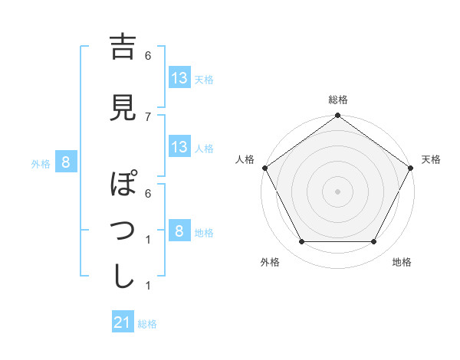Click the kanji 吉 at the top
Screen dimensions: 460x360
[123, 47]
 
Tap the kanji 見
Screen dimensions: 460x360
[123, 108]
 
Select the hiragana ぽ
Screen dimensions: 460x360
[123, 185]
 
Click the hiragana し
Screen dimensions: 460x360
[123, 277]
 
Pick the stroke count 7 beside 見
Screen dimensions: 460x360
[148, 116]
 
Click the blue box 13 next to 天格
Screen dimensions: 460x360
[179, 77]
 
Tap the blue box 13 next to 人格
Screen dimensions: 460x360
[179, 147]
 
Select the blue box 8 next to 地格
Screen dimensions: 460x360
[179, 231]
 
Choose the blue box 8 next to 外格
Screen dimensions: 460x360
[67, 162]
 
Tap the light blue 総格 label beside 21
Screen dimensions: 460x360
[147, 324]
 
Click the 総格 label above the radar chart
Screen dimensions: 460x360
[338, 100]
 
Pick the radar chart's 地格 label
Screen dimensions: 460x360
[402, 263]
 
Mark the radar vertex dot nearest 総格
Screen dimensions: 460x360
[338, 116]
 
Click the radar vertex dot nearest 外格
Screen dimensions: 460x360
[301, 242]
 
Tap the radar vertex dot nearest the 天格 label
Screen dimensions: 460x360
[412, 168]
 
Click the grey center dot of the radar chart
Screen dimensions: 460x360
[338, 191]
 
